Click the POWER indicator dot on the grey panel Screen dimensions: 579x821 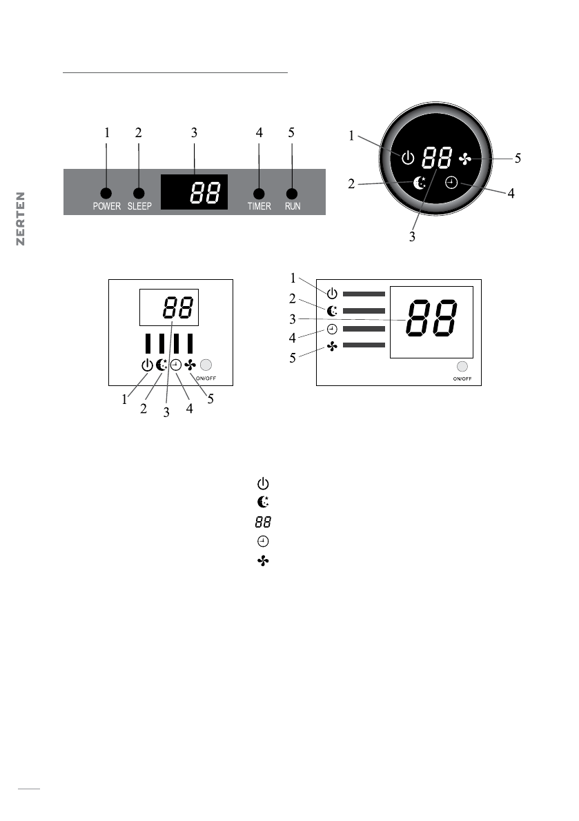(107, 194)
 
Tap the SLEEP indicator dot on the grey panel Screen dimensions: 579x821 (139, 194)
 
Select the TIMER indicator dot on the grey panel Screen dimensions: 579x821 (259, 194)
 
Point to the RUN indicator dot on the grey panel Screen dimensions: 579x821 (293, 194)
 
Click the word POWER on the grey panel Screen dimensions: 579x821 (107, 206)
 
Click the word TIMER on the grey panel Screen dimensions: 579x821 (259, 206)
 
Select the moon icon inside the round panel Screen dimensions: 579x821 (419, 183)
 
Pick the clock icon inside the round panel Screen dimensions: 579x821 (451, 183)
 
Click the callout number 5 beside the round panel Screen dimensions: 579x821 (517, 158)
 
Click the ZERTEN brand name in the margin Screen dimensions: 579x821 (21, 219)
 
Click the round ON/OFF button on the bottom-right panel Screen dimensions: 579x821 (462, 367)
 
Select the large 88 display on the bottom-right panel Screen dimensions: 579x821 (431, 321)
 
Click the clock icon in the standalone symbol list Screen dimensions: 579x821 (262, 541)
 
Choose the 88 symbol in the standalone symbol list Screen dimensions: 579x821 (262, 523)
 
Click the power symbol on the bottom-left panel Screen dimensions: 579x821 (147, 365)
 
